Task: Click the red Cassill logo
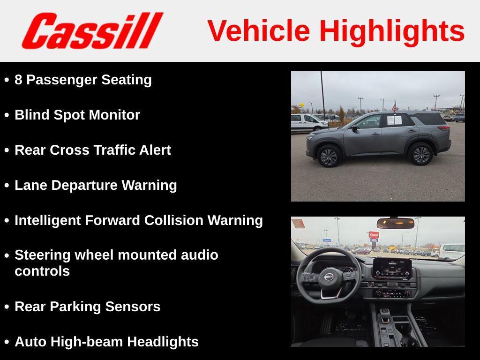tap(92, 30)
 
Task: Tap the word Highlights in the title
tap(392, 31)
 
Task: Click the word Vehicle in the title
tap(258, 31)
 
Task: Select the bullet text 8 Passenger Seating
tap(83, 80)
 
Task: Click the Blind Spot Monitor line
tap(77, 115)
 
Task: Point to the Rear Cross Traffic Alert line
tap(93, 150)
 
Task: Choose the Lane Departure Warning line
tap(96, 185)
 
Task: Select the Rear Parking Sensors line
tap(88, 307)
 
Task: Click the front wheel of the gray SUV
tap(328, 156)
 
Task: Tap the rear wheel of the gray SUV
tap(420, 154)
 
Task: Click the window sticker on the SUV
tap(394, 120)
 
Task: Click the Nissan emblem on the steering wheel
tap(329, 277)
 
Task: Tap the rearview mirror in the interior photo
tap(395, 223)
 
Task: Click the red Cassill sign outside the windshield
tap(374, 235)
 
